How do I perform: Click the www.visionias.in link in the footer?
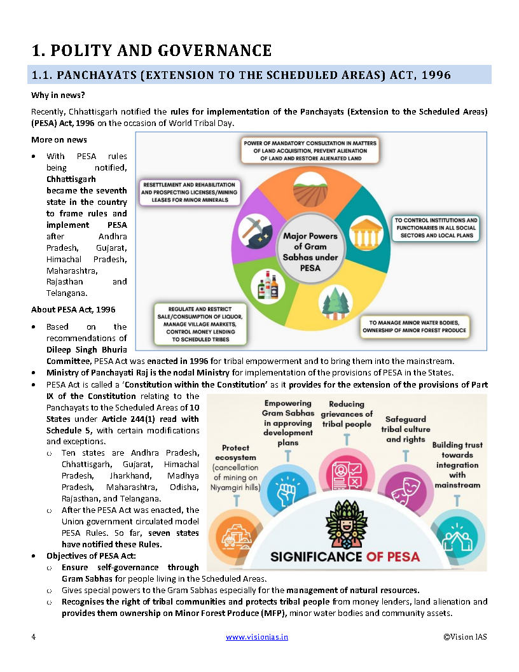(257, 636)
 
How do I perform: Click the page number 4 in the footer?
(33, 636)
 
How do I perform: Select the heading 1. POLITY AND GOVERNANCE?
(152, 50)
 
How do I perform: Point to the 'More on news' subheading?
(59, 139)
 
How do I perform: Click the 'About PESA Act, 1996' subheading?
(73, 309)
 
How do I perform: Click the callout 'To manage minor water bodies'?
(415, 326)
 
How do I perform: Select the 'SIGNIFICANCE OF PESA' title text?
(345, 556)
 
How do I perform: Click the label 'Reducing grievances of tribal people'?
(346, 414)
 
